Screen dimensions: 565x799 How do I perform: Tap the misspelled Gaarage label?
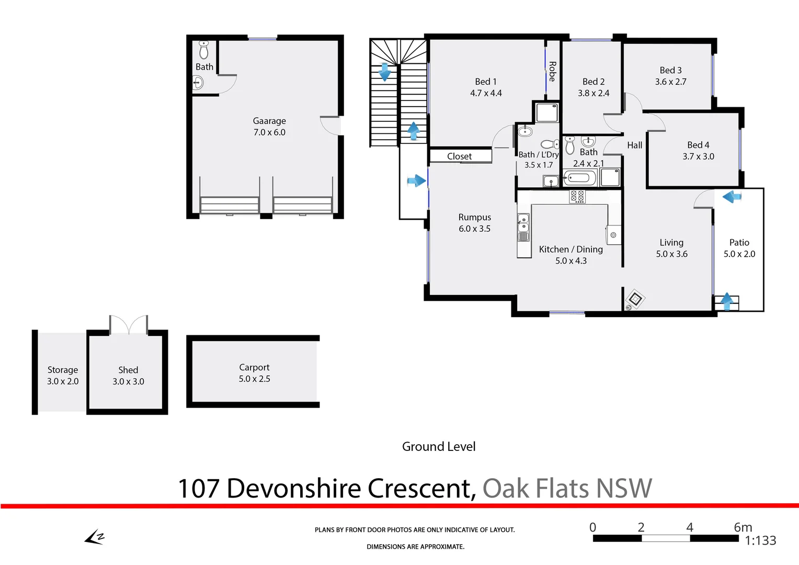click(x=269, y=121)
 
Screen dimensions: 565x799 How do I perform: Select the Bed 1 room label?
click(x=485, y=82)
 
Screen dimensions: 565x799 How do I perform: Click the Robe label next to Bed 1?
click(x=552, y=71)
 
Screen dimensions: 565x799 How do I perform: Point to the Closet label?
click(x=459, y=156)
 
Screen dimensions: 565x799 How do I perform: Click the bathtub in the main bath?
click(x=580, y=178)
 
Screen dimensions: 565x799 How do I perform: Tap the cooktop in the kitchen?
click(x=577, y=197)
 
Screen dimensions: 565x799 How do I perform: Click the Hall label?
click(x=634, y=145)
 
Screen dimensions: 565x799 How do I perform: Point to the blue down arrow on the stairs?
click(x=385, y=72)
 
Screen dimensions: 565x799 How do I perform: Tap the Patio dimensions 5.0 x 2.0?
click(x=739, y=254)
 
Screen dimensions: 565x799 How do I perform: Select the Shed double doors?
click(x=129, y=324)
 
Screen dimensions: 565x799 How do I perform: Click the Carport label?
click(x=254, y=367)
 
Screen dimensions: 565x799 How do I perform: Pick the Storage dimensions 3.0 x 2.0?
click(x=63, y=381)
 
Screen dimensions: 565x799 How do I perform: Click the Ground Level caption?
click(x=439, y=447)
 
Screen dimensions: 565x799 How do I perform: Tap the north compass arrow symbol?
click(x=95, y=538)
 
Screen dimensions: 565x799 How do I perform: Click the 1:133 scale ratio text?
click(x=760, y=541)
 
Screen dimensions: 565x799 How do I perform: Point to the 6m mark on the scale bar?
click(x=743, y=527)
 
